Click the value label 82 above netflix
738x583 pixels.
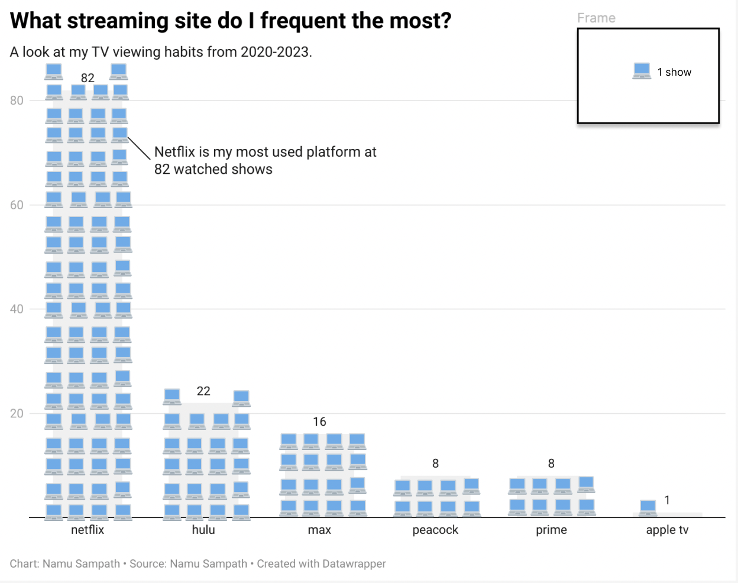(88, 78)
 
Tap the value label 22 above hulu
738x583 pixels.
(203, 391)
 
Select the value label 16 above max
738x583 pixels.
(319, 422)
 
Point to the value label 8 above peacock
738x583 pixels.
(435, 464)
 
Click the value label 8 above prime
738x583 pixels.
(551, 464)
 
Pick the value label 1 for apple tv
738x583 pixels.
(667, 500)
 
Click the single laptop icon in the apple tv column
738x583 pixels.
(648, 508)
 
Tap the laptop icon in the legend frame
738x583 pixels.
(642, 71)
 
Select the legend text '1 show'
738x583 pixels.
(674, 72)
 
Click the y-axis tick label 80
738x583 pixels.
(17, 101)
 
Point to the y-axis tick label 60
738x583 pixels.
(17, 205)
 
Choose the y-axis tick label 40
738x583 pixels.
(17, 309)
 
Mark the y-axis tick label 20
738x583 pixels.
(17, 413)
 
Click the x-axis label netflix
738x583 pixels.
(88, 530)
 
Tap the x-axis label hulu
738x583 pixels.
(203, 530)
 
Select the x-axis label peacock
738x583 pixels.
(435, 530)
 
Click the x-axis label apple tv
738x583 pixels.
(667, 530)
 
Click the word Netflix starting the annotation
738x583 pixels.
(174, 152)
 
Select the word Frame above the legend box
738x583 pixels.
(596, 18)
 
